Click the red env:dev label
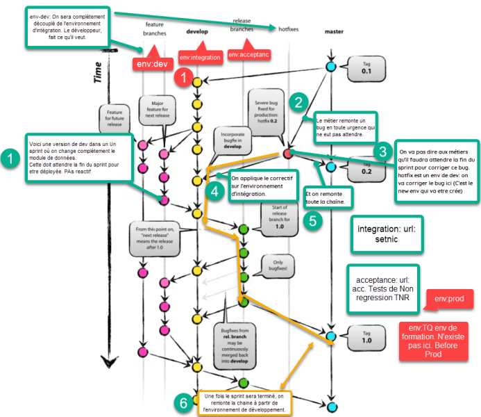[151, 65]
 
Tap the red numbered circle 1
[184, 78]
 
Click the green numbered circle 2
[299, 103]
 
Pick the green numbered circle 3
[383, 151]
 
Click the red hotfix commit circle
[286, 154]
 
